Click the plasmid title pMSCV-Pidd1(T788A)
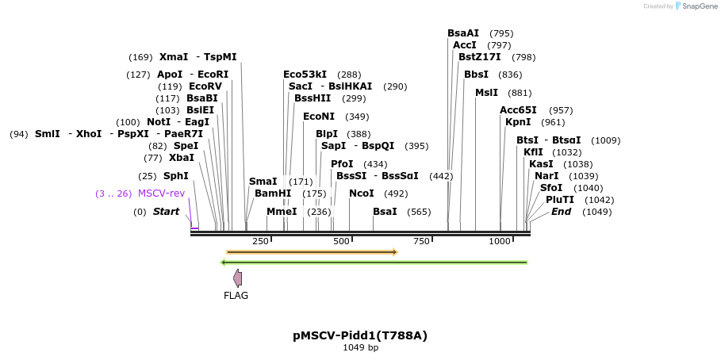(360, 335)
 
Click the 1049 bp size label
(360, 348)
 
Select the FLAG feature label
(236, 296)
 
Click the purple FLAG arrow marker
(237, 278)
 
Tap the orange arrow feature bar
(311, 252)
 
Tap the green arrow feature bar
(374, 262)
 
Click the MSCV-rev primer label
(161, 193)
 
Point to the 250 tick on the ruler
(260, 241)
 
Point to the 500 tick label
(341, 241)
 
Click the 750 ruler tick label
(421, 241)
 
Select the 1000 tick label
(500, 241)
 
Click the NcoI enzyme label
(361, 193)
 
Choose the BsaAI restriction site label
(463, 33)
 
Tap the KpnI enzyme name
(518, 122)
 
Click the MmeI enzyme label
(282, 212)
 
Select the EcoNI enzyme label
(319, 117)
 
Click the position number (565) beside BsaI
(419, 212)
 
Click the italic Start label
(166, 212)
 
